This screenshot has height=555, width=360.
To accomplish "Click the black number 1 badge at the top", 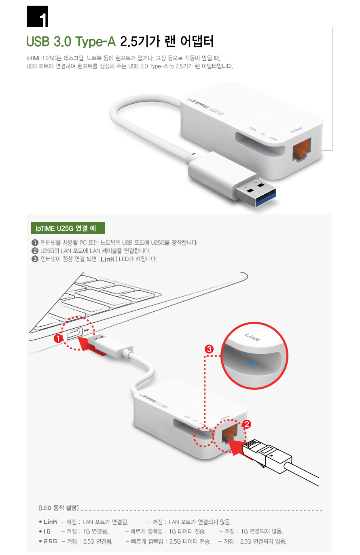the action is (x=37, y=16).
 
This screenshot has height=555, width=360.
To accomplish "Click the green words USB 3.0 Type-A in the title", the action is (x=71, y=41).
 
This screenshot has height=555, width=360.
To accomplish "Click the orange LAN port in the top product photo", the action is (x=302, y=150).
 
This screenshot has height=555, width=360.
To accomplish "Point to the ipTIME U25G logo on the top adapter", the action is (x=205, y=107).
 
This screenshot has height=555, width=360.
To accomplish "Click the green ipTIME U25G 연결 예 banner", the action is (x=68, y=228).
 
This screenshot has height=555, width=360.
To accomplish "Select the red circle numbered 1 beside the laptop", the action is (x=58, y=338).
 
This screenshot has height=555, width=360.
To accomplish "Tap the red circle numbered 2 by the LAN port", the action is (x=247, y=424).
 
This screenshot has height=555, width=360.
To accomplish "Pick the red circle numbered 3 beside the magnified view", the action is (x=209, y=349).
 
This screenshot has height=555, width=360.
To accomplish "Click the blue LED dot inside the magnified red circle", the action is (x=252, y=363).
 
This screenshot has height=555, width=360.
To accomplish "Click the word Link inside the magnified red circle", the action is (x=252, y=337).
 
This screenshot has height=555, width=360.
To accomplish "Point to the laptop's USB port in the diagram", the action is (x=74, y=333).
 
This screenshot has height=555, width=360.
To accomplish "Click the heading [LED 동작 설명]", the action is (x=59, y=508).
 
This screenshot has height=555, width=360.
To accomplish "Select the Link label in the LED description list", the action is (x=50, y=522).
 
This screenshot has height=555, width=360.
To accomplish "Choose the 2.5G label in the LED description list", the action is (x=50, y=541).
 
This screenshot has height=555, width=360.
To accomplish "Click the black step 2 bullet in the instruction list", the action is (x=35, y=251).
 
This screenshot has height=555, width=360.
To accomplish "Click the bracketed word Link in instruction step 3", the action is (x=108, y=259).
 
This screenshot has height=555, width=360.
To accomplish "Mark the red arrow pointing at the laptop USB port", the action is (x=93, y=346).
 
